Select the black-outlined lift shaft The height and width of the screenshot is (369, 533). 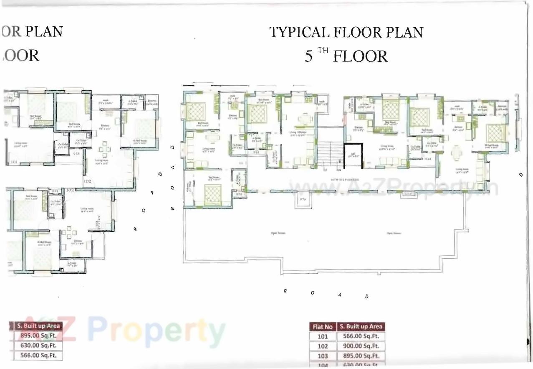353,156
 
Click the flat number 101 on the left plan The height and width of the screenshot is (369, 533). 15,162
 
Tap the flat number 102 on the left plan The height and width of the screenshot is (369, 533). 87,181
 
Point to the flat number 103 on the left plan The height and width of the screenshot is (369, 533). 70,190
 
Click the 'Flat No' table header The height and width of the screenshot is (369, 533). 323,327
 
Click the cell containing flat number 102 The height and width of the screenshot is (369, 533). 323,346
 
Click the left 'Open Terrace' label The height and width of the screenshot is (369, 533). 275,232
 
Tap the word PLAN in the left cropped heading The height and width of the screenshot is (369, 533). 44,32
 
